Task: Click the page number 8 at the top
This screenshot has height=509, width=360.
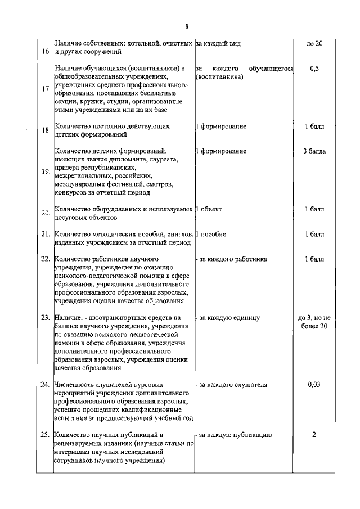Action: point(186,26)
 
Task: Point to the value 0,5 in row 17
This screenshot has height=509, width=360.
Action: point(314,69)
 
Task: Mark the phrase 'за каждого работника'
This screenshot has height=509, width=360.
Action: point(231,259)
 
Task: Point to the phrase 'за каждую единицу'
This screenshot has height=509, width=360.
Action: point(227,318)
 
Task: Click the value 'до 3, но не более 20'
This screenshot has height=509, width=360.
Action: point(314,322)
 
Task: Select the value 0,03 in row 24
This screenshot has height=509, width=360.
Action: point(314,385)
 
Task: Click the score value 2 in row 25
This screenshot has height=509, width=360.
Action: point(314,435)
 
